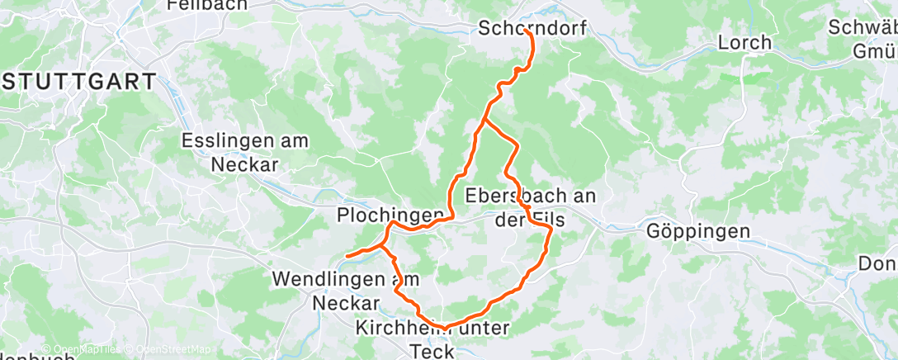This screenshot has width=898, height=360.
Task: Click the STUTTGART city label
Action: click(x=78, y=82)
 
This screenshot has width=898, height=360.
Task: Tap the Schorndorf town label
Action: click(x=532, y=29)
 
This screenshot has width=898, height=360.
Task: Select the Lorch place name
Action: click(x=744, y=42)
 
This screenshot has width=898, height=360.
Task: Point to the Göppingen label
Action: click(x=699, y=231)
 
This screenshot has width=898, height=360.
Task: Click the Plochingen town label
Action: click(x=390, y=215)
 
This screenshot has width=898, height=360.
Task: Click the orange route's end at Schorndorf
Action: click(x=526, y=32)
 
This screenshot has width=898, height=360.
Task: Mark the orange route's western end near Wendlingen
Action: click(x=347, y=256)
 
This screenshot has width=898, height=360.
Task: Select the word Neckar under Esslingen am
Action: click(x=244, y=164)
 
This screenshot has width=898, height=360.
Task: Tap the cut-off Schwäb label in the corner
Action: click(x=863, y=27)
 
